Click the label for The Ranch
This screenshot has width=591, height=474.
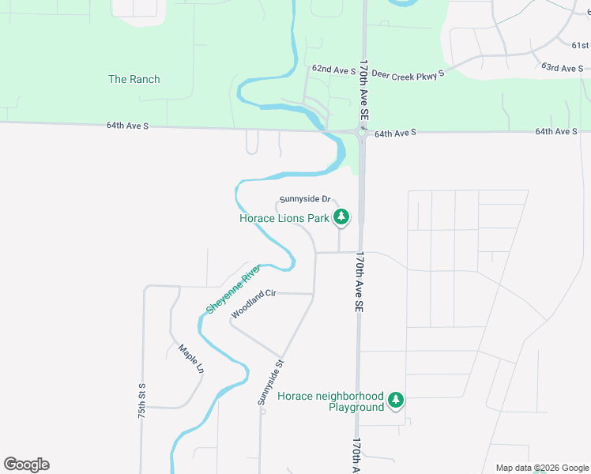point(134,79)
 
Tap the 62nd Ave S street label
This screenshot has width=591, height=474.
point(334,70)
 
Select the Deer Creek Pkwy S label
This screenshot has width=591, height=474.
point(409,73)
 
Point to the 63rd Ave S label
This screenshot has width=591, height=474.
point(561,69)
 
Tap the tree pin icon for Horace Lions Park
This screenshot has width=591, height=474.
point(341,216)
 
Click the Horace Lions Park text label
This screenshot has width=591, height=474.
point(284,218)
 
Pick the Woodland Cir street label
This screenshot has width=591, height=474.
point(253,304)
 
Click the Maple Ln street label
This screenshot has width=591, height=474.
point(191,359)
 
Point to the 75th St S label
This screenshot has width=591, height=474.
point(142,401)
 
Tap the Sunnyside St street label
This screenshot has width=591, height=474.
point(270,382)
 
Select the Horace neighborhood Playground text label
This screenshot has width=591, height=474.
point(330,401)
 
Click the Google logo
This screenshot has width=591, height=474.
point(26,465)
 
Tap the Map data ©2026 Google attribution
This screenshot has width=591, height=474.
point(541,468)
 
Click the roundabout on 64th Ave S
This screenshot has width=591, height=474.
point(363,133)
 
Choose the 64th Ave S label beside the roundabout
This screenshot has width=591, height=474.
point(395,134)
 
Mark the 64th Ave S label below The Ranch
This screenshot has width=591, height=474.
point(128,126)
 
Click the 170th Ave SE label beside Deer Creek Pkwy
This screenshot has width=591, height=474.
point(364,91)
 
